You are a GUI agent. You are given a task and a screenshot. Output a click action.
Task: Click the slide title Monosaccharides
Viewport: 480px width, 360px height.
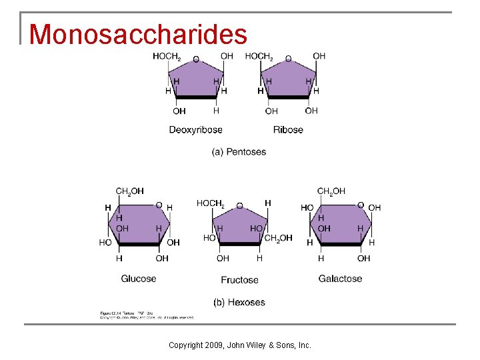[x=138, y=34]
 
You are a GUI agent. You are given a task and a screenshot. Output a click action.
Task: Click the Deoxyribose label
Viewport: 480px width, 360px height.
[x=195, y=129]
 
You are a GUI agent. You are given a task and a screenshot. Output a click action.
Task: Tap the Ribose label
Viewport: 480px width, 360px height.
[x=288, y=129]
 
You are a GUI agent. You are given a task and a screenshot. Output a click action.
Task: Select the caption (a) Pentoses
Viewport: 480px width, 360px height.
[x=239, y=152]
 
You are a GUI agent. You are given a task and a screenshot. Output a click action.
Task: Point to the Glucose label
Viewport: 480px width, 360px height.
[x=139, y=279]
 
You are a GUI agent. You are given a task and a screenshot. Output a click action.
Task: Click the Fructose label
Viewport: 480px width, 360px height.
[x=239, y=280]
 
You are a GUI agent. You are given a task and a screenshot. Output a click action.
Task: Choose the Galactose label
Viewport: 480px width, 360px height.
[x=340, y=279]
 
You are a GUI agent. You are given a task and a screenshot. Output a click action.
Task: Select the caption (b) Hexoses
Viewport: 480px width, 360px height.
[x=239, y=302]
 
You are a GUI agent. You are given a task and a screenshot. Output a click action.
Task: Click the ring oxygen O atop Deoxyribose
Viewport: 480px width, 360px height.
[x=196, y=59]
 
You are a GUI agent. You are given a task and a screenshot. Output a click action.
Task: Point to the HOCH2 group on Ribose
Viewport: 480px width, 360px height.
[x=259, y=57]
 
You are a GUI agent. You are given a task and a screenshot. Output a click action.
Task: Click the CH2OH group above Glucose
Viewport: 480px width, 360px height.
[x=130, y=191]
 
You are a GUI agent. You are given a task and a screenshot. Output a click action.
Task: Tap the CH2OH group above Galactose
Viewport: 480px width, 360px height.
[x=331, y=191]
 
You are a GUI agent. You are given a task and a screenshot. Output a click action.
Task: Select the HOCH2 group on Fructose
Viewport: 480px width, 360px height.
[x=210, y=203]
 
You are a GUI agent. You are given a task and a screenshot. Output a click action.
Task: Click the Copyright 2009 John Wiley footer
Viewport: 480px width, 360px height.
[x=239, y=345]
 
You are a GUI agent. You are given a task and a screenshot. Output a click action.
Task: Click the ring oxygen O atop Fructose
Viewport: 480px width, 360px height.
[x=240, y=206]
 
